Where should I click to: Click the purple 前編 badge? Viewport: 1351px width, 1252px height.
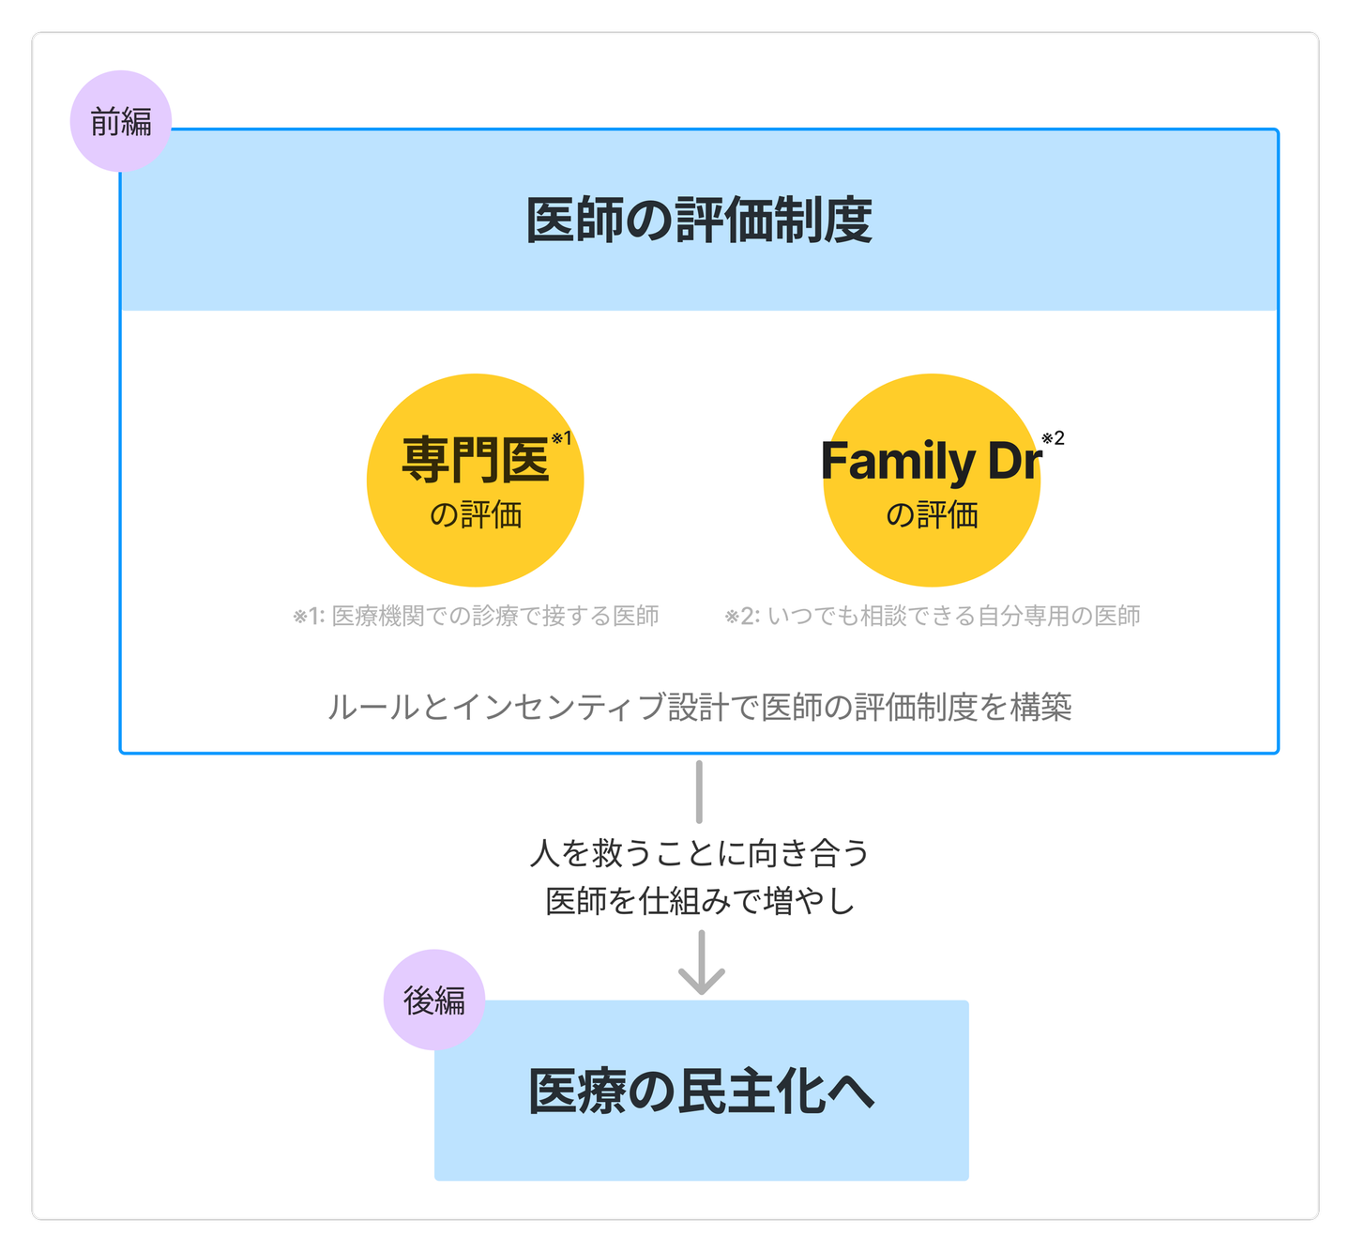coord(121,121)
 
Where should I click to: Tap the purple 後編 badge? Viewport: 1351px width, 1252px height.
coord(434,1000)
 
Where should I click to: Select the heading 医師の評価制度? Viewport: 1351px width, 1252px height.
coord(699,221)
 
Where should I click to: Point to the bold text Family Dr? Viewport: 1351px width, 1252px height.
coord(931,461)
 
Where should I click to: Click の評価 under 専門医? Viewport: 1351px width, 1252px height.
coord(476,514)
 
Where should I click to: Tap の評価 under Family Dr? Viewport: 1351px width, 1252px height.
coord(933,514)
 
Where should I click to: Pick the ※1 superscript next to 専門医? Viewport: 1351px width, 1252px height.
coord(561,438)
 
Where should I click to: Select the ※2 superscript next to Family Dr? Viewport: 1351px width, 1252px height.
coord(1053,438)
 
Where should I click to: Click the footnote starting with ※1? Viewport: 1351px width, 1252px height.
coord(476,616)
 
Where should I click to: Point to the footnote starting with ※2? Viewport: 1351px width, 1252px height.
coord(933,616)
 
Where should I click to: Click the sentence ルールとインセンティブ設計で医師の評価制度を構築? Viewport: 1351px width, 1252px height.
coord(699,707)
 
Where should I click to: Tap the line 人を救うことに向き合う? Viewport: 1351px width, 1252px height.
coord(700,853)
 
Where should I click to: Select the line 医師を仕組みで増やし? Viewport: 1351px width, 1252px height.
coord(700,901)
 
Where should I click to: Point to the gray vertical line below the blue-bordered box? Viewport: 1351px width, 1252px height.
coord(699,791)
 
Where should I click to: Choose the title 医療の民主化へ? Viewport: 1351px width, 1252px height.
coord(701,1092)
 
